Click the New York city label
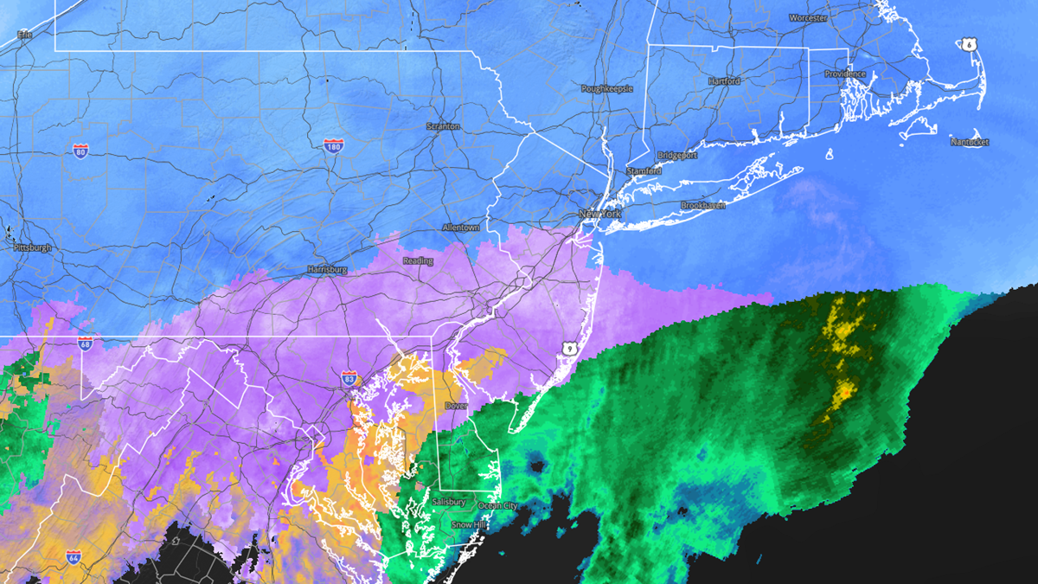tap(600, 214)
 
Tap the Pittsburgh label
tap(32, 247)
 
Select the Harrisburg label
tap(327, 269)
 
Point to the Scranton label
tap(443, 126)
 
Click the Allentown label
tap(460, 228)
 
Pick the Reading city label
tap(418, 260)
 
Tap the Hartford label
tap(724, 81)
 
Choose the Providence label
tap(844, 74)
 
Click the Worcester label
tap(808, 17)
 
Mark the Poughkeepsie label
tap(607, 89)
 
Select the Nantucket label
tap(970, 142)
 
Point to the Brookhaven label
tap(702, 206)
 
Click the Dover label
tap(456, 405)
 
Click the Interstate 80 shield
tap(80, 151)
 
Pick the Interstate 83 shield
tap(349, 378)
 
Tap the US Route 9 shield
tap(568, 348)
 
